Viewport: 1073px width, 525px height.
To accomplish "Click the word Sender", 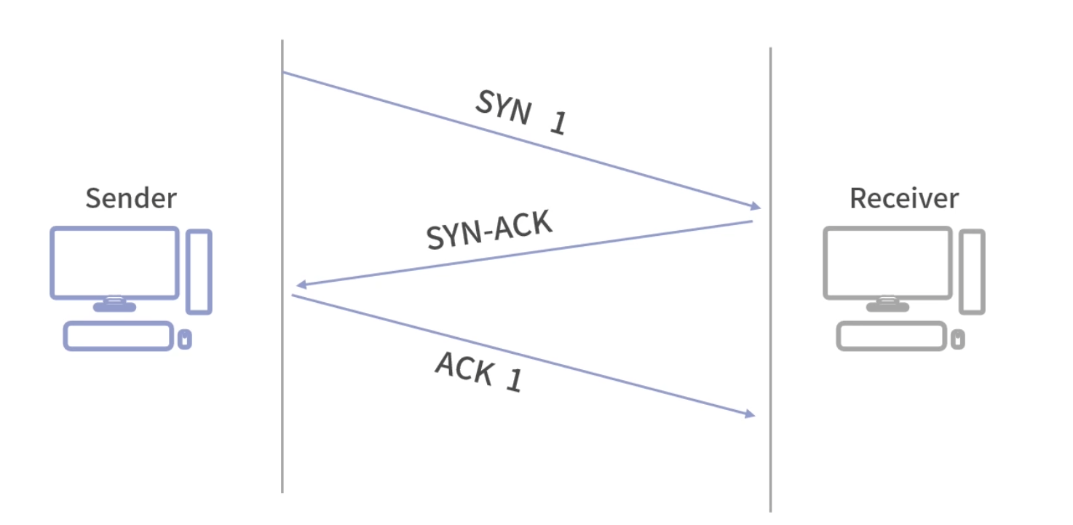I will pyautogui.click(x=131, y=198).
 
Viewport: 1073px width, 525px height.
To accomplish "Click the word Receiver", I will pyautogui.click(x=904, y=198).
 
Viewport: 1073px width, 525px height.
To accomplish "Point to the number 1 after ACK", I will pyautogui.click(x=514, y=381).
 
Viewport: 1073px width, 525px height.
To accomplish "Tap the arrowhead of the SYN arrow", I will pyautogui.click(x=754, y=206).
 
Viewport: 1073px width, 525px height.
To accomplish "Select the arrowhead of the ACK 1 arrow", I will pyautogui.click(x=749, y=414).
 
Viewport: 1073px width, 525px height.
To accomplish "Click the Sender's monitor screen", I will pyautogui.click(x=114, y=262).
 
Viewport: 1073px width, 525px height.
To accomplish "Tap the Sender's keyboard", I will pyautogui.click(x=119, y=336).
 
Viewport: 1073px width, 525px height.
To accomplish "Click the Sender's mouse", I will pyautogui.click(x=185, y=339).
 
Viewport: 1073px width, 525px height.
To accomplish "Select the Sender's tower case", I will pyautogui.click(x=199, y=272).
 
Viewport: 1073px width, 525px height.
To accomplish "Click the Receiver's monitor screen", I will pyautogui.click(x=887, y=262).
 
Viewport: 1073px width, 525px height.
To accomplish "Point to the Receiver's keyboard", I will pyautogui.click(x=892, y=336).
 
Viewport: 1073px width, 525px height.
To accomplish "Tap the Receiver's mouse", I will pyautogui.click(x=958, y=339).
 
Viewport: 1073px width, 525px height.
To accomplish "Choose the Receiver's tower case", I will pyautogui.click(x=972, y=272).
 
